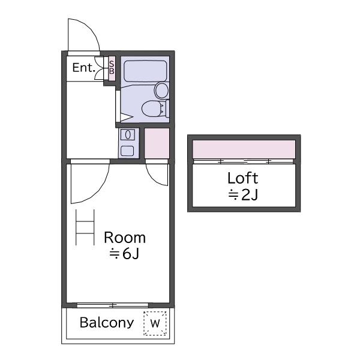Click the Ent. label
tap(83, 68)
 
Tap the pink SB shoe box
tap(112, 68)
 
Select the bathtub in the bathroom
tap(145, 71)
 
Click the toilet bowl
tap(152, 109)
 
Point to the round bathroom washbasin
tap(161, 91)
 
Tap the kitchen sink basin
tap(128, 134)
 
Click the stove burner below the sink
tap(127, 151)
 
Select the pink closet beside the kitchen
tap(157, 143)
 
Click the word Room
tap(125, 238)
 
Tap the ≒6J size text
tap(124, 254)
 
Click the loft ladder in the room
tap(85, 227)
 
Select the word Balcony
tap(107, 323)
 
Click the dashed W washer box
tap(155, 323)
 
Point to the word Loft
tap(242, 178)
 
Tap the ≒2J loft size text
tap(243, 195)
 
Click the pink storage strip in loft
tap(244, 149)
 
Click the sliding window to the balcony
tap(113, 305)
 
